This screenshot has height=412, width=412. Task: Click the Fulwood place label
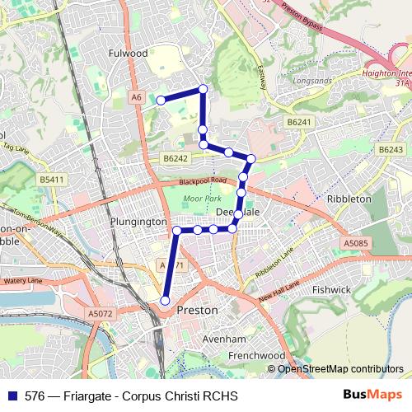(x=128, y=53)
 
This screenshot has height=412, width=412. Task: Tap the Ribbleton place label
(x=349, y=199)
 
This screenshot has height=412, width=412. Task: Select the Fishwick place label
(x=331, y=289)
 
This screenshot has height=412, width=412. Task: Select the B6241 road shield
(x=300, y=122)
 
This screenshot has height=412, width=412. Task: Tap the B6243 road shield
(x=391, y=150)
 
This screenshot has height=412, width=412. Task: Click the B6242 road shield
(x=176, y=158)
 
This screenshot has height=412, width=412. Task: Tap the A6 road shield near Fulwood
(x=136, y=96)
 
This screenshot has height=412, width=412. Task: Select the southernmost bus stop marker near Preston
(x=164, y=301)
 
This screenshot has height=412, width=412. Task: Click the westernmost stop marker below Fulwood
(x=162, y=100)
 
